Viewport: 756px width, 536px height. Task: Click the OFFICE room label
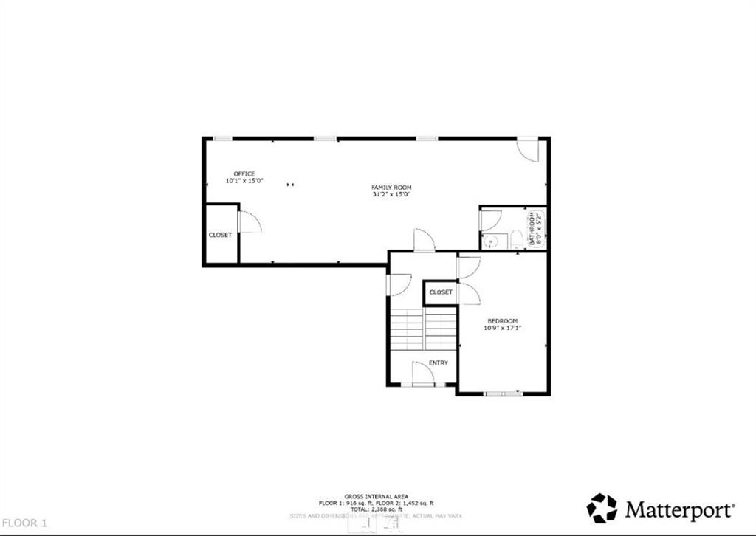244,173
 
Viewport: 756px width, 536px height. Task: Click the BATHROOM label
532,229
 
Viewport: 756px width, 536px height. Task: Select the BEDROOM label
502,321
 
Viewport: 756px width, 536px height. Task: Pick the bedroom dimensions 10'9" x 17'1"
502,329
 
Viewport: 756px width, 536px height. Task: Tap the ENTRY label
438,363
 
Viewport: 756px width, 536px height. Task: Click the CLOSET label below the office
220,235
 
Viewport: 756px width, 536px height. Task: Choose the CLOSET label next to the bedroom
441,292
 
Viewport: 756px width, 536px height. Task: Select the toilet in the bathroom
517,239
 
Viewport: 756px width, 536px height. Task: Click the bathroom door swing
492,219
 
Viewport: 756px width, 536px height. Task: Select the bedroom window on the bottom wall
503,394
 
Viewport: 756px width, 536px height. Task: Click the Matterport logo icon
602,508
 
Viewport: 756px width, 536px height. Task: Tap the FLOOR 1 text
24,523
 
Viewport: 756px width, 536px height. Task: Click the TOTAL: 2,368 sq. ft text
377,509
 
